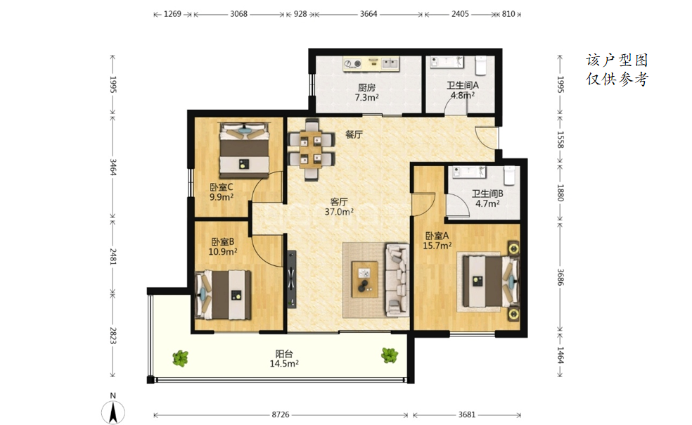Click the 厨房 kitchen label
click(x=366, y=87)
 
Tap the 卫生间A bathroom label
click(x=463, y=85)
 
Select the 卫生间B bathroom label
click(x=487, y=194)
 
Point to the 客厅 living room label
click(x=339, y=202)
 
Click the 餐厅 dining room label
click(x=354, y=134)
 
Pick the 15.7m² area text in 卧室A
click(x=437, y=246)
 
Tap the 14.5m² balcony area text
click(x=284, y=364)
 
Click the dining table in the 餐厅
click(x=311, y=150)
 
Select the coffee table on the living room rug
click(x=364, y=279)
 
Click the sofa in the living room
click(x=397, y=279)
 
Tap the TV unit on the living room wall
click(x=291, y=279)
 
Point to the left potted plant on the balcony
click(x=180, y=358)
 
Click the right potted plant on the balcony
click(x=390, y=355)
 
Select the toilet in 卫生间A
click(x=480, y=65)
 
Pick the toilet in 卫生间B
click(x=509, y=175)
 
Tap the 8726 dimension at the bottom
click(x=281, y=414)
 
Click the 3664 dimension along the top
click(x=369, y=13)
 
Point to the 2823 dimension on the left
click(x=113, y=336)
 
